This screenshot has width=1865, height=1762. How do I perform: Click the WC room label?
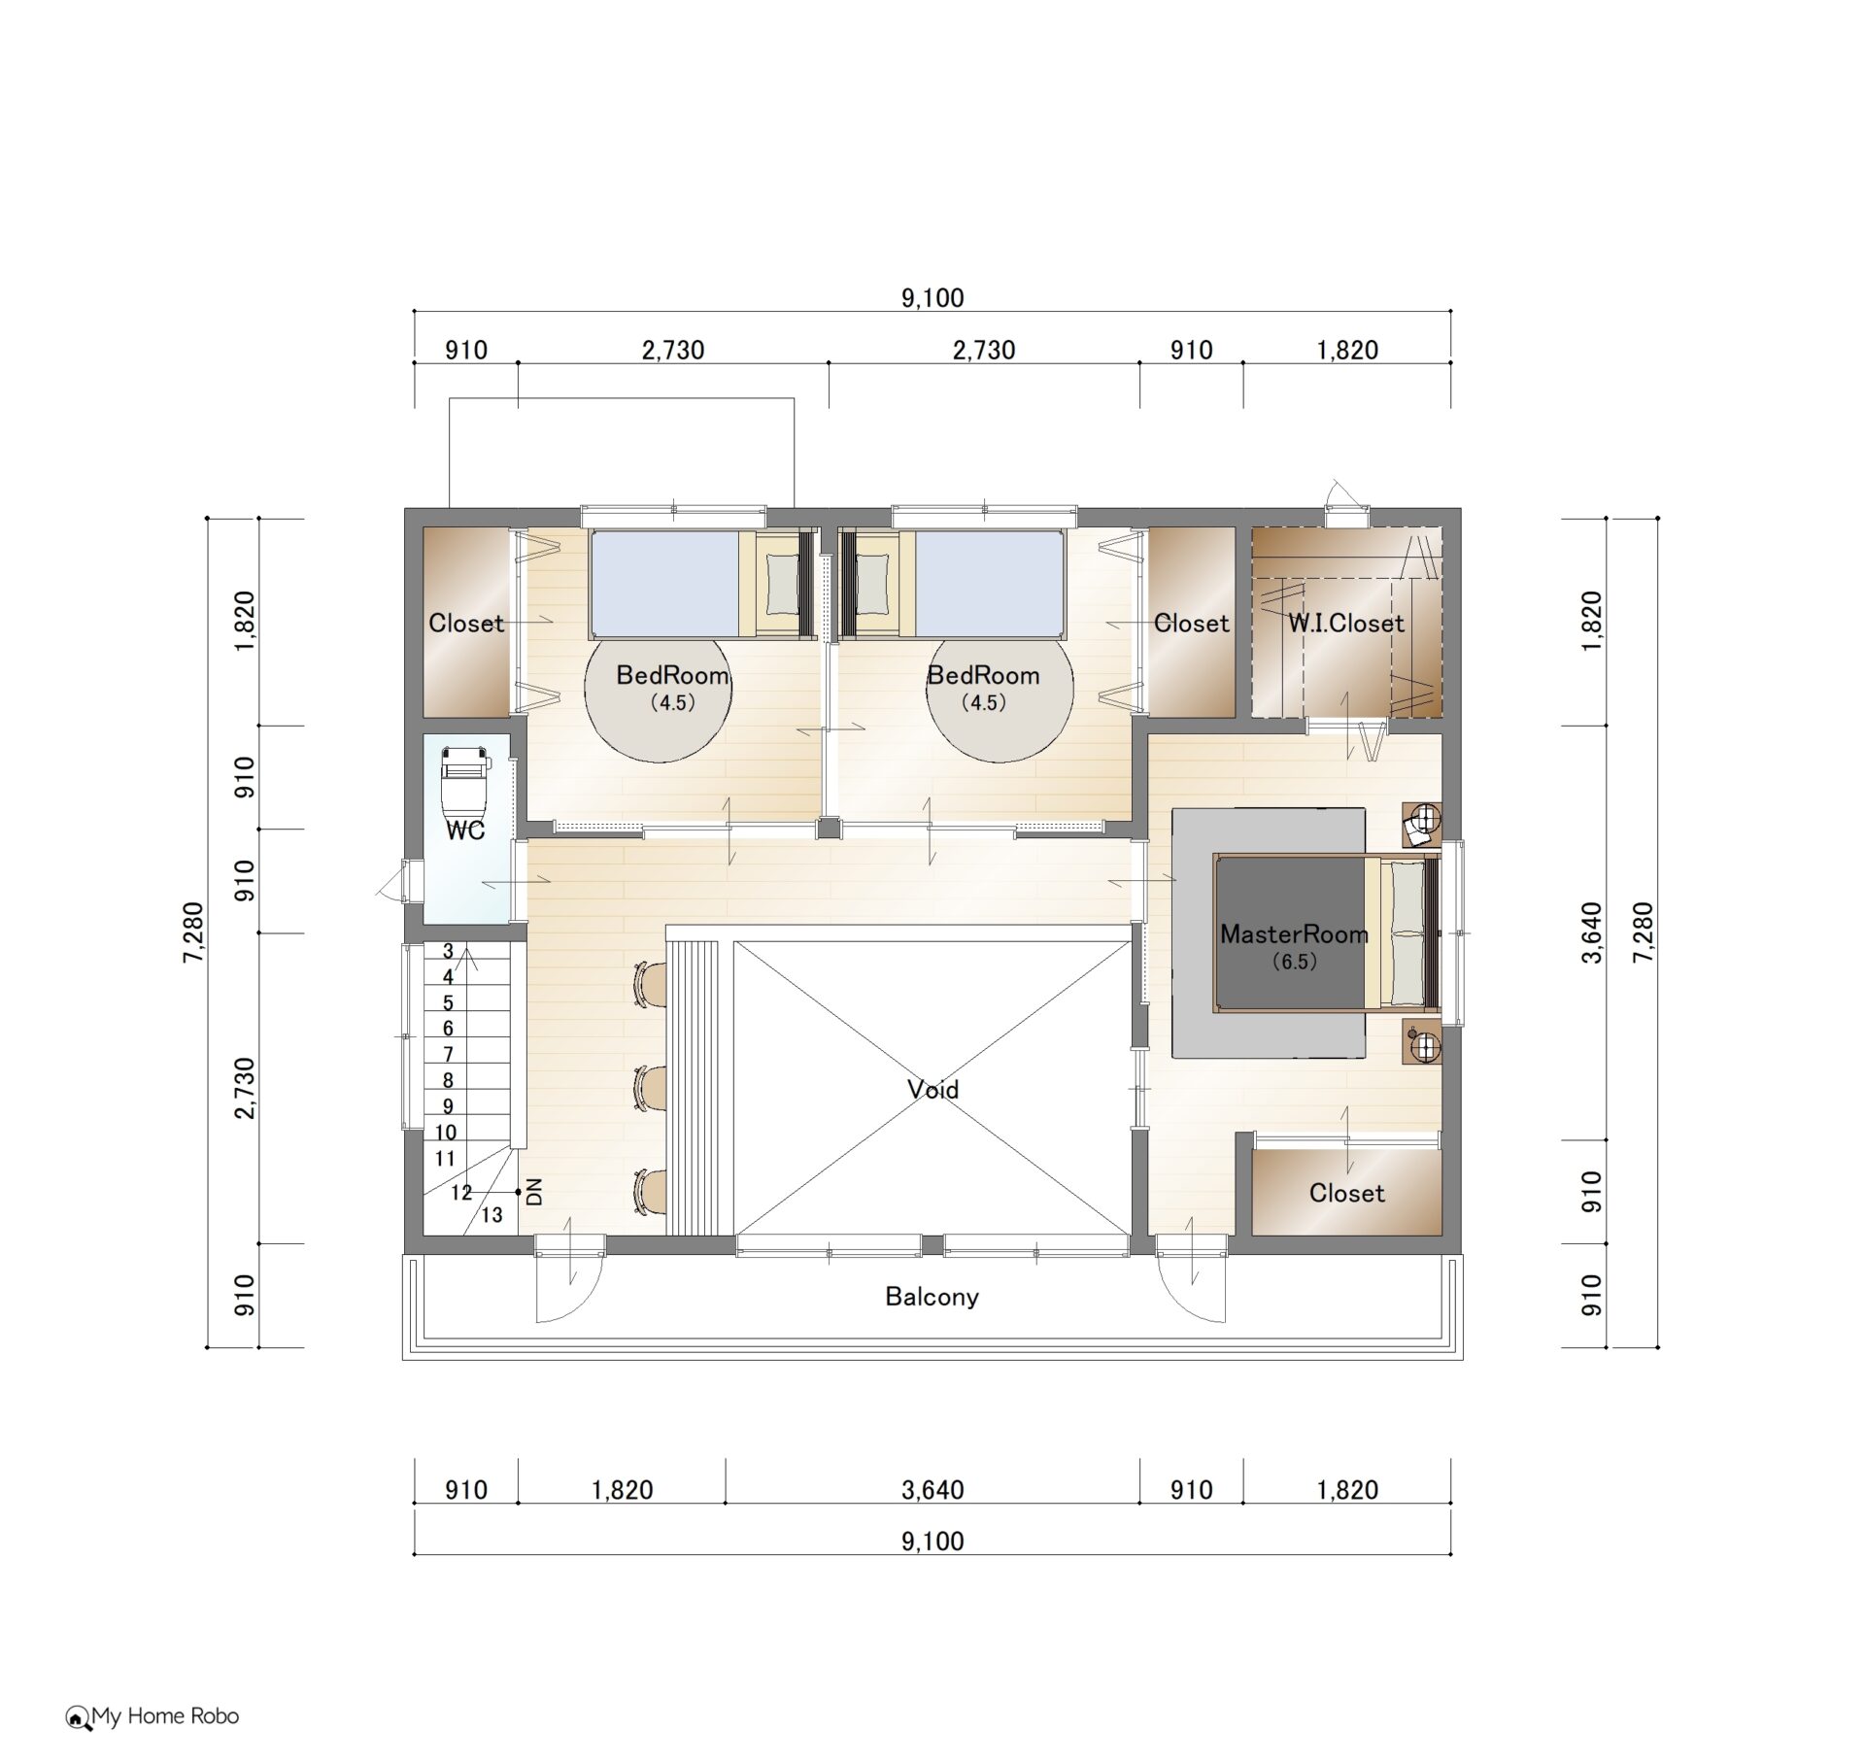coord(465,830)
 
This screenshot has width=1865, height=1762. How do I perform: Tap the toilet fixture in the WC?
coord(464,782)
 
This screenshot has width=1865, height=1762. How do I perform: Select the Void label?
coord(932,1089)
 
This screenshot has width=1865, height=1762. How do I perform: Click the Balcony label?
coord(932,1296)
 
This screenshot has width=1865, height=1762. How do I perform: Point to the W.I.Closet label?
coord(1346,623)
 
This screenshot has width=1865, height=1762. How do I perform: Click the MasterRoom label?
coord(1294,933)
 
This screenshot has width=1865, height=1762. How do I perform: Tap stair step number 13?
coord(492,1214)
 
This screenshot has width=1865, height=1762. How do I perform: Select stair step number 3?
coord(448,951)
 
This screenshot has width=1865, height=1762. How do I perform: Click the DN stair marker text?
coord(533,1192)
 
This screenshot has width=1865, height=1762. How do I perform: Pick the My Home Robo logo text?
coord(165,1716)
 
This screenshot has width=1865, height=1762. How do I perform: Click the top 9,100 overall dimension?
coord(932,297)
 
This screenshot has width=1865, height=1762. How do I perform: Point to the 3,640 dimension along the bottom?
coord(932,1489)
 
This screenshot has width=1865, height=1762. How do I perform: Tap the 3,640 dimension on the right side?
coord(1591,932)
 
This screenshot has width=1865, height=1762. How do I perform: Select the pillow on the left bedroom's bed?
coord(780,585)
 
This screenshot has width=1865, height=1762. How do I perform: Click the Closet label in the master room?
coord(1346,1193)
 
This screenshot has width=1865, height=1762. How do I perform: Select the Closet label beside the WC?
coord(466,623)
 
